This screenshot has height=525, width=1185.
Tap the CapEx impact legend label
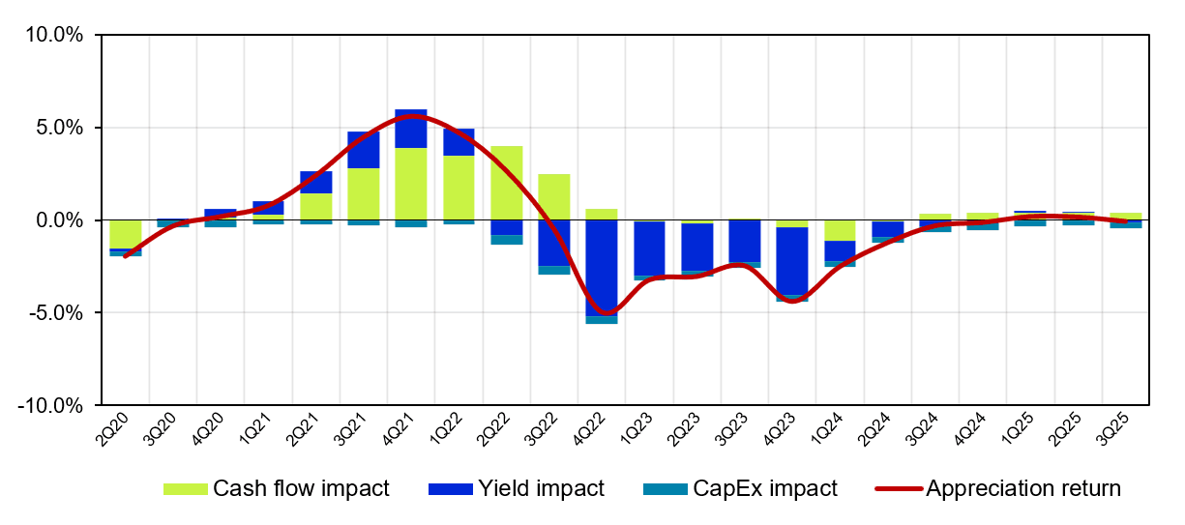pyautogui.click(x=765, y=488)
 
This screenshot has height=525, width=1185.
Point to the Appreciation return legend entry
pyautogui.click(x=1023, y=488)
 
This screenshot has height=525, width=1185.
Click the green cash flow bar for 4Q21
pyautogui.click(x=411, y=184)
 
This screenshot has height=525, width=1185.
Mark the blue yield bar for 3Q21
pyautogui.click(x=364, y=150)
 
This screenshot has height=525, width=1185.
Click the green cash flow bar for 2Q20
pyautogui.click(x=126, y=234)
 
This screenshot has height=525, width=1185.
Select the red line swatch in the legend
pyautogui.click(x=899, y=488)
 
